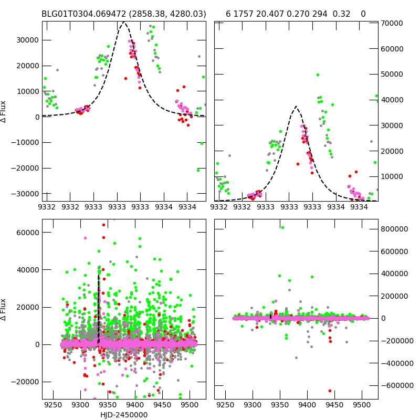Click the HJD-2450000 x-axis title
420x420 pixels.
coord(124,415)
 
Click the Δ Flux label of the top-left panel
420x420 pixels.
coord(4,111)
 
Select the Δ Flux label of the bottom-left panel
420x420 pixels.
coord(4,309)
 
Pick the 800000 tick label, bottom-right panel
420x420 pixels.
coord(395,229)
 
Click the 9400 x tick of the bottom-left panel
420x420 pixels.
coord(134,405)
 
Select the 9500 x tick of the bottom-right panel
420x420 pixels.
coord(361,405)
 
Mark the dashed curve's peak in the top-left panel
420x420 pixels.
coord(124,23)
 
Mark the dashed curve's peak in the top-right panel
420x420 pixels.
coord(296,107)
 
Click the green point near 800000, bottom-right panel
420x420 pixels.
coord(282,227)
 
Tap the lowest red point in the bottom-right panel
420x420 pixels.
coord(330,391)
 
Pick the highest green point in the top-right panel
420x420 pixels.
coord(318,75)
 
